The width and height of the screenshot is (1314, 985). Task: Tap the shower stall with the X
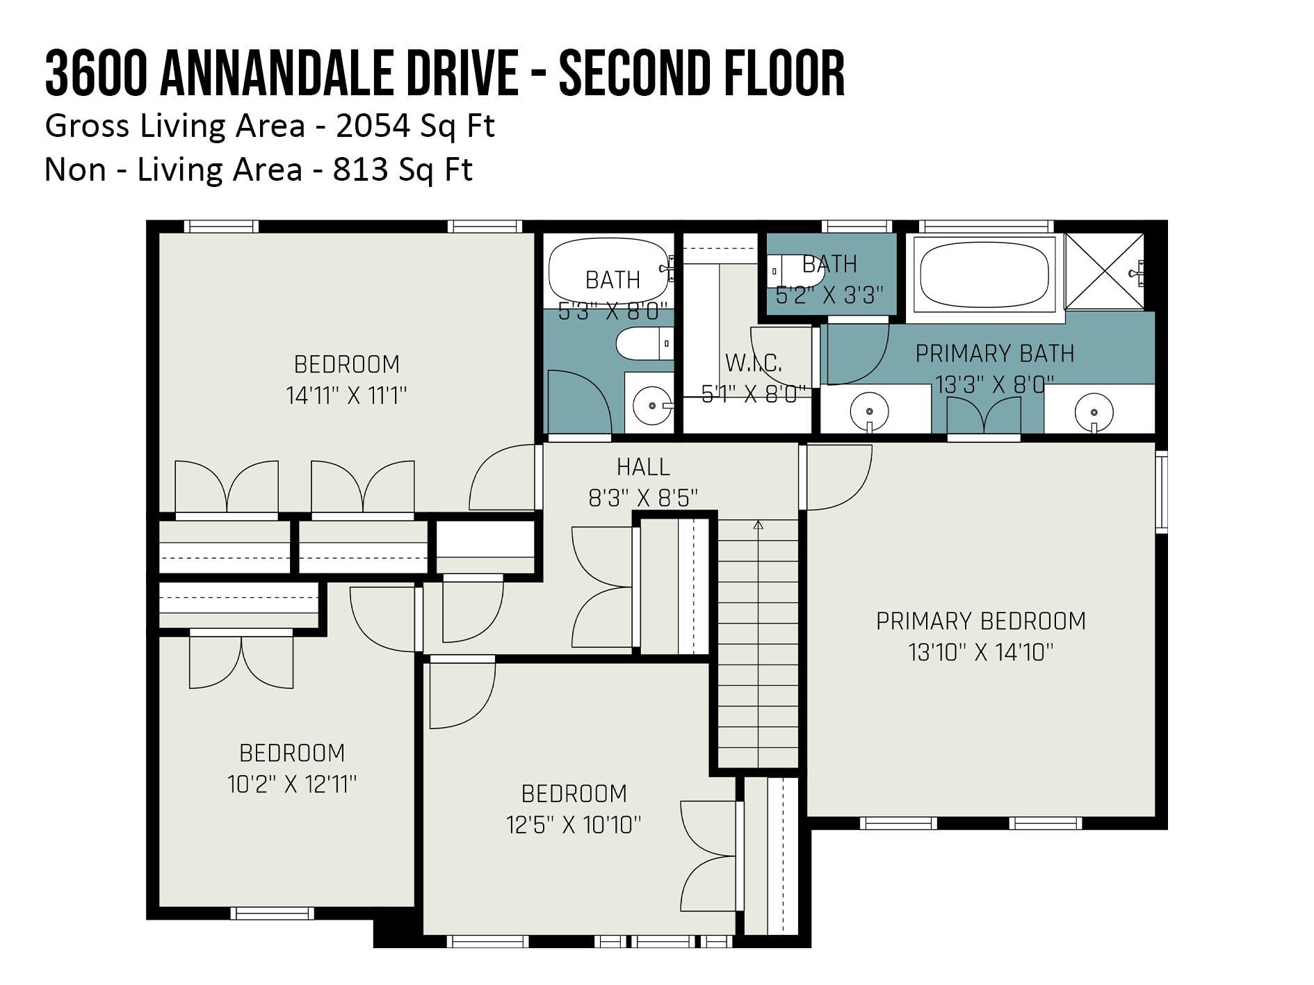click(1104, 271)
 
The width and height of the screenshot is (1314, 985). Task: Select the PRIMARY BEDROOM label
click(980, 621)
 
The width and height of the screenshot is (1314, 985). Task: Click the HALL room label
click(643, 466)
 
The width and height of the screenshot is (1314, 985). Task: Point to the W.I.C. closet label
click(754, 363)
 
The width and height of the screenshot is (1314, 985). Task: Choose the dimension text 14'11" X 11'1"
click(346, 396)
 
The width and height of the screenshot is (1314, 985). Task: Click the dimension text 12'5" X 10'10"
click(574, 825)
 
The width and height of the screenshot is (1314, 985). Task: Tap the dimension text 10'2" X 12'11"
click(292, 784)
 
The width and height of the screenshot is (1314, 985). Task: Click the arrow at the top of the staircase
click(759, 526)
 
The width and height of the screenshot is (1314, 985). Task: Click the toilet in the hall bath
click(645, 344)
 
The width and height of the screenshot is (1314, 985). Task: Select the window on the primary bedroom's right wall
click(1161, 491)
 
